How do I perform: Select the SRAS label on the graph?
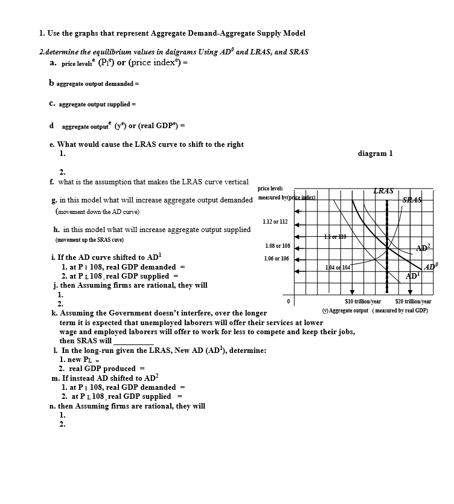pyautogui.click(x=413, y=200)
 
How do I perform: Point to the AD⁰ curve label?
pyautogui.click(x=430, y=267)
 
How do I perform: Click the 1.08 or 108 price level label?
pyautogui.click(x=277, y=246)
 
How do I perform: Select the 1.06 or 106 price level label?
pyautogui.click(x=277, y=259)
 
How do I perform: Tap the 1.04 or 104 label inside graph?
pyautogui.click(x=337, y=267)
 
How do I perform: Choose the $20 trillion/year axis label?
pyautogui.click(x=413, y=302)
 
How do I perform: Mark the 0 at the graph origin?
pyautogui.click(x=289, y=301)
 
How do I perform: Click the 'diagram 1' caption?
pyautogui.click(x=375, y=153)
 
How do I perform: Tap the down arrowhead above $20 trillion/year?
pyautogui.click(x=410, y=293)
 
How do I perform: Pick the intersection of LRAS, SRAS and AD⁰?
pyautogui.click(x=387, y=248)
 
